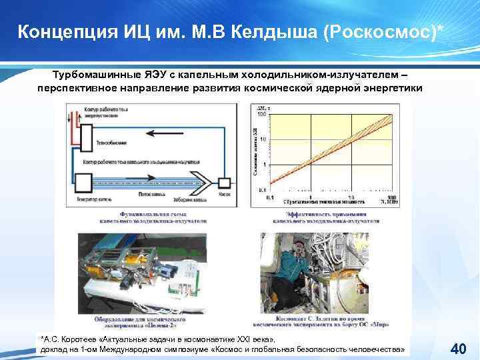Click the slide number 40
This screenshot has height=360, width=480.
tap(458, 348)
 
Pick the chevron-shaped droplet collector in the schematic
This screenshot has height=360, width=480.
tap(201, 182)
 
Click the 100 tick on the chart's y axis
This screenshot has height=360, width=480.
tap(262, 115)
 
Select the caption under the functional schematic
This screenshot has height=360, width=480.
tap(153, 216)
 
